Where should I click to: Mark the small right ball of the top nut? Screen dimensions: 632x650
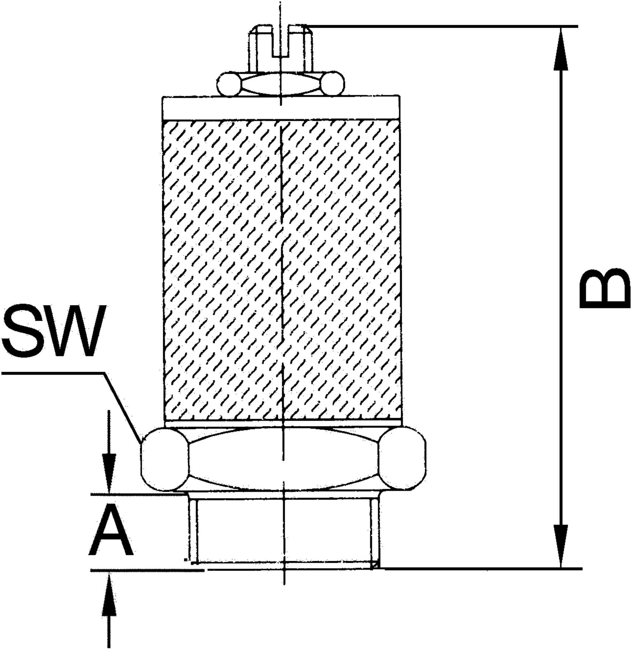click(x=333, y=84)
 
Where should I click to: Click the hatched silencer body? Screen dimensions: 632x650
click(x=282, y=270)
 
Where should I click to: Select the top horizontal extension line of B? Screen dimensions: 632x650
click(x=442, y=26)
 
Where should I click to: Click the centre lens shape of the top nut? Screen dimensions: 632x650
click(x=281, y=84)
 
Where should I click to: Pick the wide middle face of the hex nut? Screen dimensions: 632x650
click(x=284, y=459)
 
